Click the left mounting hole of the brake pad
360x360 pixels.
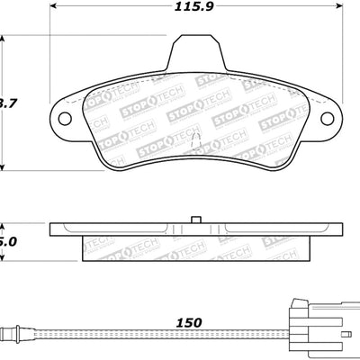point(64,118)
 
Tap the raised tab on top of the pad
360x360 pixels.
point(195,52)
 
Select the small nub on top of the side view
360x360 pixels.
point(195,219)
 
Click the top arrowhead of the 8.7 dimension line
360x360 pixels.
point(4,40)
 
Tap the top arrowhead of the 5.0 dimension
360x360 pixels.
point(4,226)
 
